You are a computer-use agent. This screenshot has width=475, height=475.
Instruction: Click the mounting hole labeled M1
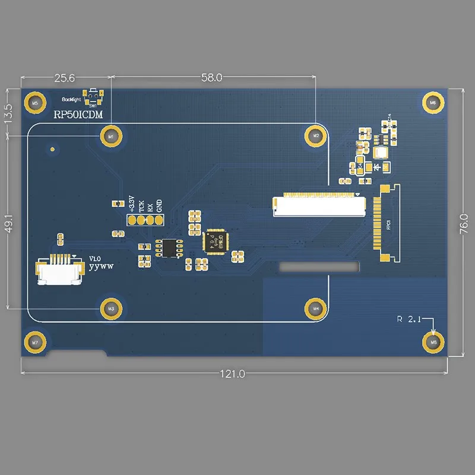point(110,136)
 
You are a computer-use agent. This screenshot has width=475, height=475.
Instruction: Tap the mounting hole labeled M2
point(316,136)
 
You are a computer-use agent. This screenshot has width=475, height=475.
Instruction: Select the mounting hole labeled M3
point(110,308)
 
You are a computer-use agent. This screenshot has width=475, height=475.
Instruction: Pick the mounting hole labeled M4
point(316,308)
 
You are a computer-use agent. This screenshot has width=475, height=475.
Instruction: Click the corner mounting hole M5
point(34,103)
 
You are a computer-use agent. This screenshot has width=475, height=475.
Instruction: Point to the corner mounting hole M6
point(433,103)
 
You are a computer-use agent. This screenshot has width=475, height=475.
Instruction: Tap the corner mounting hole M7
point(34,343)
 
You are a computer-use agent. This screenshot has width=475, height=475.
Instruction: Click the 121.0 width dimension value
point(233,374)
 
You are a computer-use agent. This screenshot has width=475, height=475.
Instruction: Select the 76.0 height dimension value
point(464,224)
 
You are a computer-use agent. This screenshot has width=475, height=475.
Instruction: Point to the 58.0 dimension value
point(211,77)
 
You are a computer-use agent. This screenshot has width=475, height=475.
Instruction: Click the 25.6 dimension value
point(64,77)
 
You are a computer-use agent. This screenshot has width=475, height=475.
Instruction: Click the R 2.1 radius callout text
point(408,319)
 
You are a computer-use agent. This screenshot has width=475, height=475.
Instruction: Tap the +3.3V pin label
point(132,203)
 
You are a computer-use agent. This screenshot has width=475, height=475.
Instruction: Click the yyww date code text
point(101,267)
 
